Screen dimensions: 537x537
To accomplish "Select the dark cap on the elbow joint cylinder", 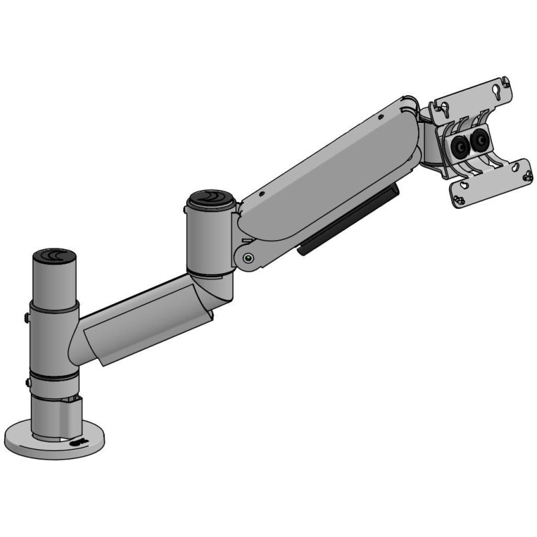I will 211,199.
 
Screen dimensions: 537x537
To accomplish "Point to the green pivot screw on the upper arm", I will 249,256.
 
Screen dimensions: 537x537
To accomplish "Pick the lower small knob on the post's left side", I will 28,384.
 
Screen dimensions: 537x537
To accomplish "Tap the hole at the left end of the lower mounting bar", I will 461,199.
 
